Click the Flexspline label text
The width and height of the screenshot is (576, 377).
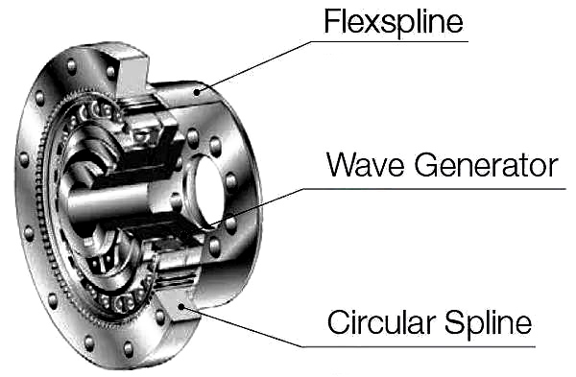coord(394,22)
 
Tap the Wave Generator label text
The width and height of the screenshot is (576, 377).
coord(443,166)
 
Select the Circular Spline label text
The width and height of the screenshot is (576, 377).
coord(429,322)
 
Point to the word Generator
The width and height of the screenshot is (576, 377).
coord(487,166)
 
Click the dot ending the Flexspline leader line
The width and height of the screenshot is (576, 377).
coord(198,92)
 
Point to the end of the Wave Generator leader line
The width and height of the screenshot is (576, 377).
coord(212,224)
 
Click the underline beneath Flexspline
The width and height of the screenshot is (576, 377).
coord(390,41)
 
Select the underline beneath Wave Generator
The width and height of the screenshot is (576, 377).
coord(435,189)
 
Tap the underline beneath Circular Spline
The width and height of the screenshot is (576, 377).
coord(419,346)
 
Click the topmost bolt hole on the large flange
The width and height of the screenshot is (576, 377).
coord(72,66)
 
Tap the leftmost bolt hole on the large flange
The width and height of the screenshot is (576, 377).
coord(24,159)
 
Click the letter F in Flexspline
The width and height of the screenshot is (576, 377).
coord(331,20)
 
